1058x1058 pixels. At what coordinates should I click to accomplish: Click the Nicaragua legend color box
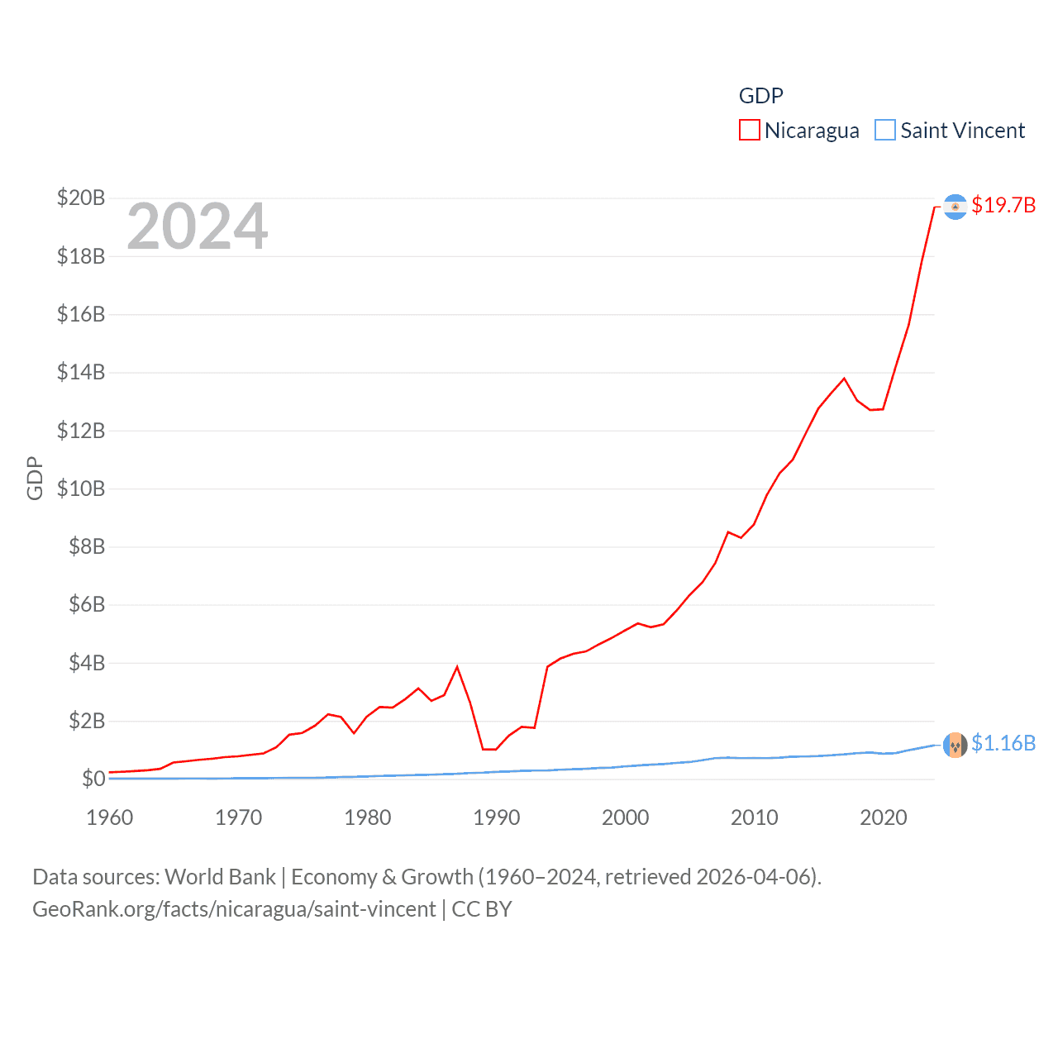tap(749, 131)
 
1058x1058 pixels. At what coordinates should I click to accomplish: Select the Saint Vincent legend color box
tap(884, 131)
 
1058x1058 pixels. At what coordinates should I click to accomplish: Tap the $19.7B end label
tap(1003, 205)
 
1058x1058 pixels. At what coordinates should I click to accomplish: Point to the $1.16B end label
tap(1003, 743)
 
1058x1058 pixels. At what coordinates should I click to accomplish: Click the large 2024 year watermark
tap(197, 226)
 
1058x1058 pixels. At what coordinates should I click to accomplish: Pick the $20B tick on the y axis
tap(81, 198)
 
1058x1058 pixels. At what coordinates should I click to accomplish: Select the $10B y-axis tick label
tap(81, 488)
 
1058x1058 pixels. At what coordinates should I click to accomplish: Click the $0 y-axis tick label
tap(93, 779)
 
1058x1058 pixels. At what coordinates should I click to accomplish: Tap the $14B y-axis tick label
tap(81, 372)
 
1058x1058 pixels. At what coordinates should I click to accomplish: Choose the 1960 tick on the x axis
tap(110, 817)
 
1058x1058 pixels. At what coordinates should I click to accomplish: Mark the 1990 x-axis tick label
tap(497, 817)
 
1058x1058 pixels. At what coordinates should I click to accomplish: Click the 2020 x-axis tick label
tap(884, 817)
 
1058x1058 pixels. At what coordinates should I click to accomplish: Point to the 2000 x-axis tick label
tap(626, 817)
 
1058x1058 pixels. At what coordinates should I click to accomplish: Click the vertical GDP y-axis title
tap(35, 478)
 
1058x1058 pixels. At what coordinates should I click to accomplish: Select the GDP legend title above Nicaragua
tap(760, 96)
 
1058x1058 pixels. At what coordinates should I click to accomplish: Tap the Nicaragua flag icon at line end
tap(956, 207)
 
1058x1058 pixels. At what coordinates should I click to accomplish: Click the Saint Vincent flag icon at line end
tap(956, 745)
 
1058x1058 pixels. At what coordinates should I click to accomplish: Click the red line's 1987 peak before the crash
tap(457, 667)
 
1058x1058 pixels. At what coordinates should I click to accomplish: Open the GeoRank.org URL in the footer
tap(234, 909)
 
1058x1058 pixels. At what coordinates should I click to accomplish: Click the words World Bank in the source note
tap(220, 877)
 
